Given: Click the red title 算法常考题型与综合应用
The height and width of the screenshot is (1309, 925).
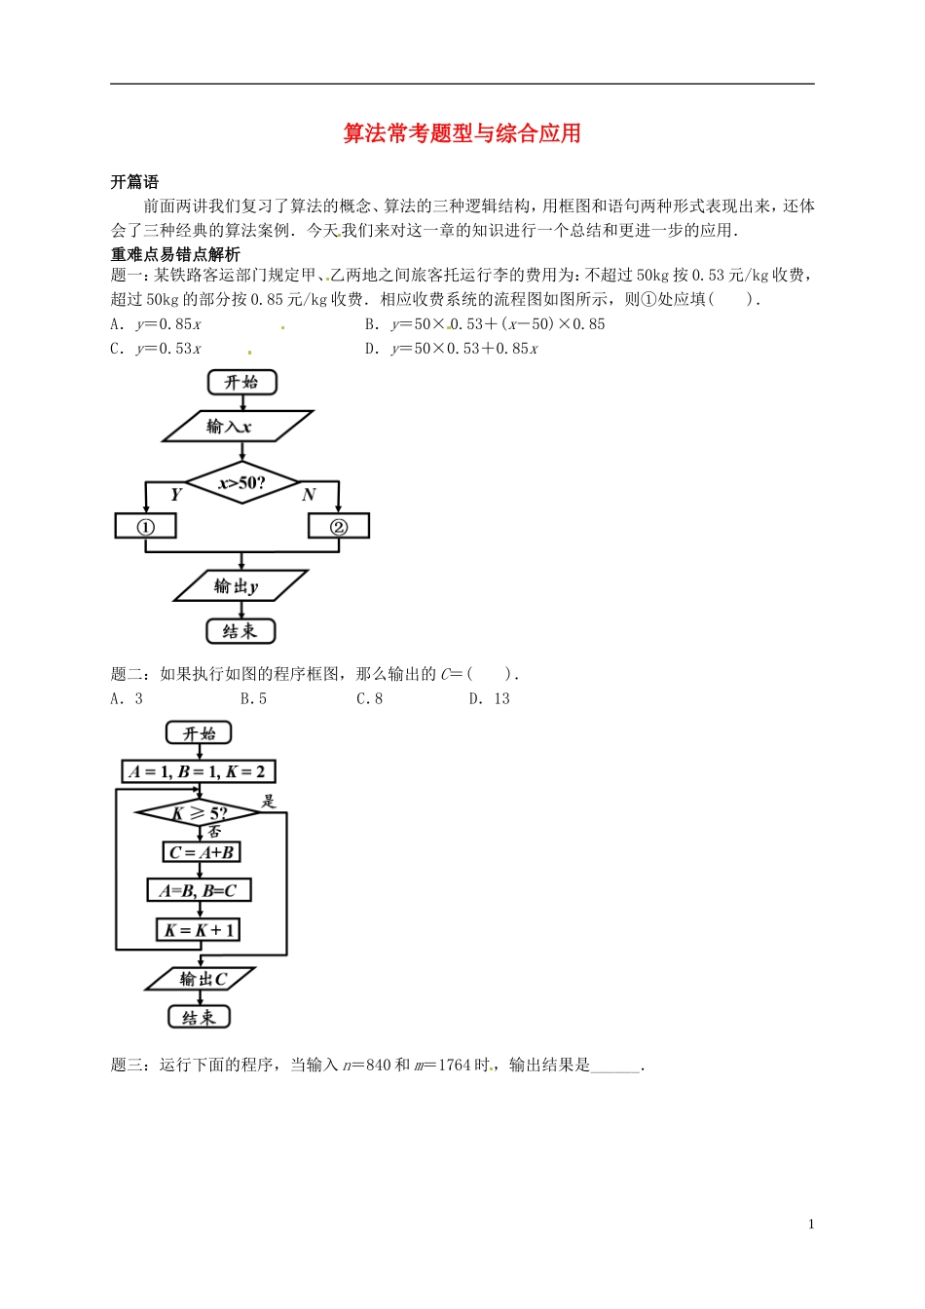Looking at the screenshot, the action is pyautogui.click(x=462, y=133).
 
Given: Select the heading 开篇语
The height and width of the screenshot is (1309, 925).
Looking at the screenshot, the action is pyautogui.click(x=134, y=182).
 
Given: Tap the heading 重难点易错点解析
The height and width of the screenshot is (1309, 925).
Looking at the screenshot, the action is pyautogui.click(x=175, y=254).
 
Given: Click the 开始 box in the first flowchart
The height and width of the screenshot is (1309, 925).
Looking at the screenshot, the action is pyautogui.click(x=241, y=382).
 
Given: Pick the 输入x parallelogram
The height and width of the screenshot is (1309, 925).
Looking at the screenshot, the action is pyautogui.click(x=237, y=427).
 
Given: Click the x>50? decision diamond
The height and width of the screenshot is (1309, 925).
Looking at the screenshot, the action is pyautogui.click(x=241, y=482).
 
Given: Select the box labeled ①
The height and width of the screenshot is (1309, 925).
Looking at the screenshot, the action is pyautogui.click(x=146, y=526).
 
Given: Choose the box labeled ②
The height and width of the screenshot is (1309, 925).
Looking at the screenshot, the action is pyautogui.click(x=338, y=526).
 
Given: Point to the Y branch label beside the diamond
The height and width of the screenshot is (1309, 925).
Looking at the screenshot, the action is pyautogui.click(x=175, y=495).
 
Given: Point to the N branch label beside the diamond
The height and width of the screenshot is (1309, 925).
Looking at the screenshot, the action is pyautogui.click(x=309, y=495).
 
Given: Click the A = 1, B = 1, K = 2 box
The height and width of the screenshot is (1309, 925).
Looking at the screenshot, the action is pyautogui.click(x=198, y=771).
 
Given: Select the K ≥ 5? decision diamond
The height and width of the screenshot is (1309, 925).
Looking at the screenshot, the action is pyautogui.click(x=199, y=812).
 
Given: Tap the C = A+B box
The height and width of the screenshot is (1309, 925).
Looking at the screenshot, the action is pyautogui.click(x=201, y=852).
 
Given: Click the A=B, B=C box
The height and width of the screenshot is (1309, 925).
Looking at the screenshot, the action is pyautogui.click(x=199, y=890).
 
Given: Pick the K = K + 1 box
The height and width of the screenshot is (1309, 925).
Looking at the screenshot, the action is pyautogui.click(x=199, y=930).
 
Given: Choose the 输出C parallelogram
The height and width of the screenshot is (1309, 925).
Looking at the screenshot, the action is pyautogui.click(x=201, y=979).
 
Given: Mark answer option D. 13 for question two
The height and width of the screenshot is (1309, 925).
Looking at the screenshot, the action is pyautogui.click(x=490, y=698).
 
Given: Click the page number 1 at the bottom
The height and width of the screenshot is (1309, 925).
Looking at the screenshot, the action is pyautogui.click(x=811, y=1224).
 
